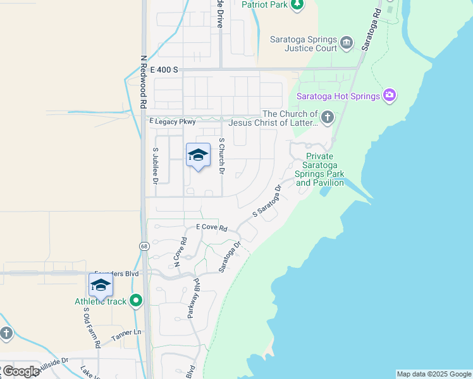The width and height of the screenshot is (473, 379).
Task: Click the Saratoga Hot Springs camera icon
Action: pyautogui.click(x=390, y=96)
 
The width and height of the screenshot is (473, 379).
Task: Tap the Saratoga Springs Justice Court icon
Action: pyautogui.click(x=346, y=43)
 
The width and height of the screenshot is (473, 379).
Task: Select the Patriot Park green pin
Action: pyautogui.click(x=297, y=5)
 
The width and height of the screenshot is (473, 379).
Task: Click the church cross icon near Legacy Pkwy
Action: pyautogui.click(x=327, y=116)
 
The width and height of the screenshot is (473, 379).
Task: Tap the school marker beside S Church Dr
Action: pyautogui.click(x=198, y=155)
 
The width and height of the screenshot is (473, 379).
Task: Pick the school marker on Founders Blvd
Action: pyautogui.click(x=101, y=286)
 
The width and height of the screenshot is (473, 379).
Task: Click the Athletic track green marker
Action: pyautogui.click(x=135, y=301)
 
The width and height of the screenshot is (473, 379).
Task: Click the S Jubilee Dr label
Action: pyautogui.click(x=155, y=165)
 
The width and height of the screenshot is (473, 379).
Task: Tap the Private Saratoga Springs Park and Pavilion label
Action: pyautogui.click(x=319, y=169)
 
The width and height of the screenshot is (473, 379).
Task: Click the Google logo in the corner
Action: pyautogui.click(x=20, y=371)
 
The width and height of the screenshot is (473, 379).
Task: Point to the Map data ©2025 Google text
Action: pyautogui.click(x=434, y=374)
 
